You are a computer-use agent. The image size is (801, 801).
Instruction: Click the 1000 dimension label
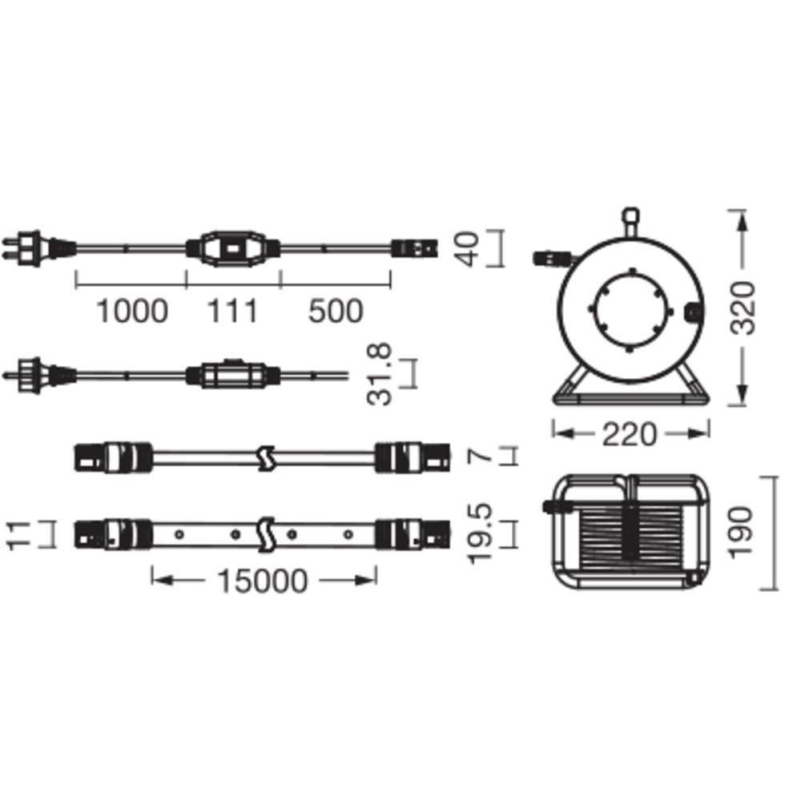[132, 311]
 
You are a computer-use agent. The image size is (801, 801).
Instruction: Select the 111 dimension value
[232, 311]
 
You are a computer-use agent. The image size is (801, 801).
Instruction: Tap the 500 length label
[336, 311]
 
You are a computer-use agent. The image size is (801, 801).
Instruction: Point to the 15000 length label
[263, 581]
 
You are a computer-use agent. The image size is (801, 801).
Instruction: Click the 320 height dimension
[743, 308]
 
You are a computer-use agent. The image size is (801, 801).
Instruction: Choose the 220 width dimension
[629, 435]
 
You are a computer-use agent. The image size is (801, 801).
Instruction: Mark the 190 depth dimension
[741, 533]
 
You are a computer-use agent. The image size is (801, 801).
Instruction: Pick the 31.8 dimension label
[380, 374]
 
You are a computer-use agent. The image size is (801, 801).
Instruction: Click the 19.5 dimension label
[481, 533]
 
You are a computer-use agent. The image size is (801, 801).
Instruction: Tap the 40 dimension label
[468, 249]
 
